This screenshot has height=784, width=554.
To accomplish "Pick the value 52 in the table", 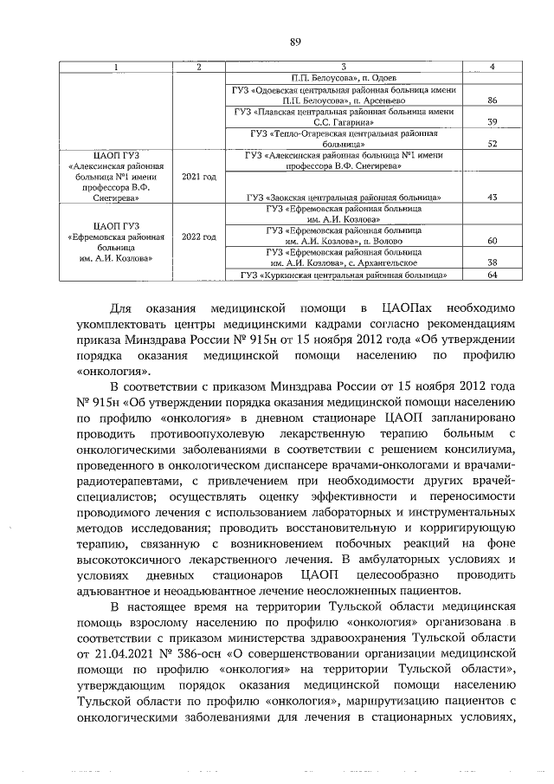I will [x=492, y=144].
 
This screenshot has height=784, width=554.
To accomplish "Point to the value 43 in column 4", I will [x=492, y=198].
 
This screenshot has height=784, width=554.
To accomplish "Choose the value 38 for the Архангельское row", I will [x=492, y=262].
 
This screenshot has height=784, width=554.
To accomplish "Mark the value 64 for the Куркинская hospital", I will [x=492, y=275].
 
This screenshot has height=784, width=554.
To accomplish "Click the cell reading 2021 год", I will [x=198, y=176].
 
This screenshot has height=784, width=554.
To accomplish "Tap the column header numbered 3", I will [x=344, y=67].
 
